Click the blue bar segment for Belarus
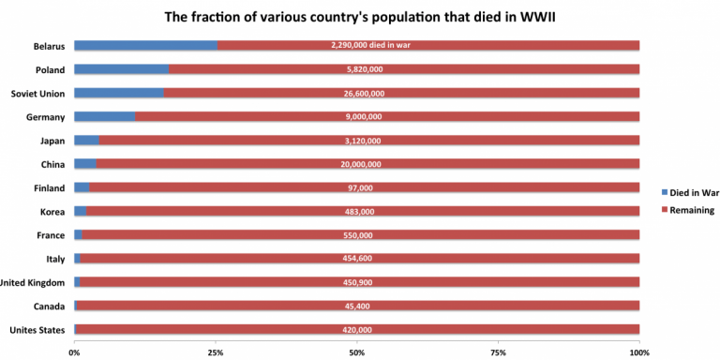click(145, 45)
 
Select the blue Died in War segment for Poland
click(122, 68)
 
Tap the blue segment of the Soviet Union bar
click(119, 93)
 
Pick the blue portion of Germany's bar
click(104, 116)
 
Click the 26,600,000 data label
click(357, 93)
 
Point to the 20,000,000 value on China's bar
click(357, 164)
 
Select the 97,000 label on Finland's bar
click(357, 187)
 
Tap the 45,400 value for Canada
click(357, 306)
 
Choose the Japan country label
click(52, 141)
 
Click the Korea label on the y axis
click(52, 212)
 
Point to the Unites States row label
click(37, 330)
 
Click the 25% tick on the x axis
click(216, 352)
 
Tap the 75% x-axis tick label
click(498, 352)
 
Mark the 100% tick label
click(638, 352)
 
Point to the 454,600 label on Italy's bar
click(357, 259)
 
